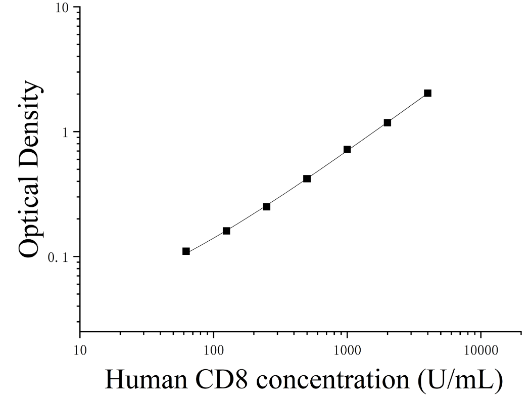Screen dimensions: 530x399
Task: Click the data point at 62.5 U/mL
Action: pyautogui.click(x=186, y=251)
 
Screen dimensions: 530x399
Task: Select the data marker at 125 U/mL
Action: pyautogui.click(x=226, y=231)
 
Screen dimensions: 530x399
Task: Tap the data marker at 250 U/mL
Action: pyautogui.click(x=266, y=206)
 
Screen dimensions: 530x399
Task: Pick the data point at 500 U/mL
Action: pyautogui.click(x=307, y=179)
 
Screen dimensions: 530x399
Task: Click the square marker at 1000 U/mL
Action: pyautogui.click(x=347, y=149)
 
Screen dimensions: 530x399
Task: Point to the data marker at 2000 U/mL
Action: pyautogui.click(x=388, y=122)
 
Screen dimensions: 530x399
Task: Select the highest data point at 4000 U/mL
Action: pyautogui.click(x=427, y=93)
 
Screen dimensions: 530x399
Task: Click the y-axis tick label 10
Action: pyautogui.click(x=63, y=8)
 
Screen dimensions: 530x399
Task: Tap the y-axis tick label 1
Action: pyautogui.click(x=66, y=132)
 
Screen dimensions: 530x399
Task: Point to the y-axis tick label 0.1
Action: pyautogui.click(x=58, y=257)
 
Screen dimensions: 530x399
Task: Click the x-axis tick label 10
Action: pyautogui.click(x=80, y=350)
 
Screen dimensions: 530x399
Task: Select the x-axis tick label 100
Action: pyautogui.click(x=214, y=350)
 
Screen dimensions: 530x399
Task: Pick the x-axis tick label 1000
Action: pyautogui.click(x=347, y=350)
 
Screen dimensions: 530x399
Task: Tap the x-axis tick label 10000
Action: pyautogui.click(x=481, y=350)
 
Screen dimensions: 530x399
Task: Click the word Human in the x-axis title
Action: pyautogui.click(x=146, y=379)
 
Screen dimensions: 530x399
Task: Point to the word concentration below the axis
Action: pyautogui.click(x=333, y=379)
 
